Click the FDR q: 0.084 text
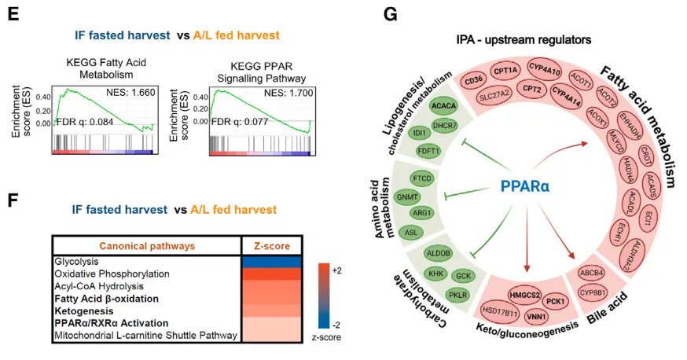click(84, 123)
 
